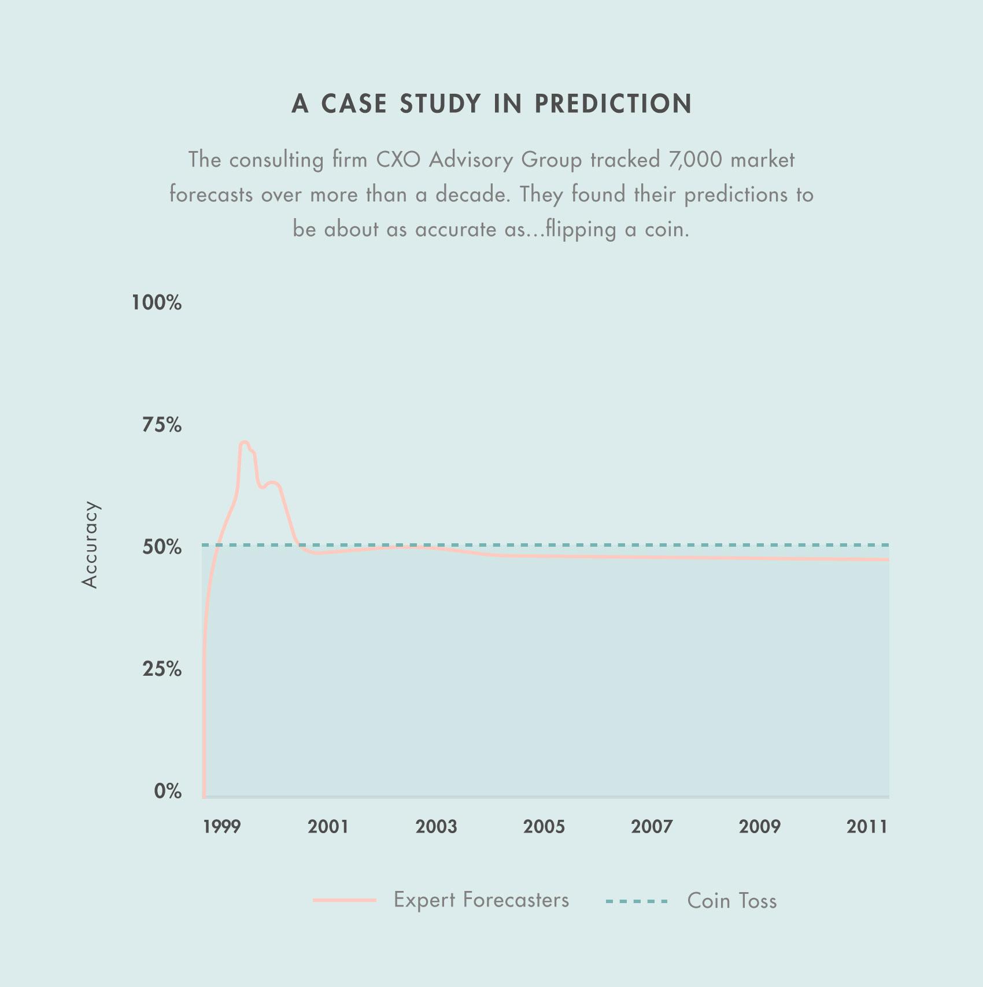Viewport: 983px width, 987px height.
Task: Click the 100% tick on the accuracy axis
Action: pos(156,302)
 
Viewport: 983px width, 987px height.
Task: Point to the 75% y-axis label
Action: pos(161,425)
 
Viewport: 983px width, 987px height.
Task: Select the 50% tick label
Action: pos(161,547)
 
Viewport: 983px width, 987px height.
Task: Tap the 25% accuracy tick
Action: pos(161,669)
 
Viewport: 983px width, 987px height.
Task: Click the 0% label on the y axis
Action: pos(168,791)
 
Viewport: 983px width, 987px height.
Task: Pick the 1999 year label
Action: pos(221,827)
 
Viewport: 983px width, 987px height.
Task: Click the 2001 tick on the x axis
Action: pos(328,827)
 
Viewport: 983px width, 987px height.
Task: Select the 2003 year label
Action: pos(436,827)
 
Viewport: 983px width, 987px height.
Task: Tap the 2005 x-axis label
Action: pos(544,827)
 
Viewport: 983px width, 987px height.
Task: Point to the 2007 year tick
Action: pos(652,827)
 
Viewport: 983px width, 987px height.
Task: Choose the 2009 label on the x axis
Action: pos(759,827)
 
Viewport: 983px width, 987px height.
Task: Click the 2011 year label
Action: pos(867,827)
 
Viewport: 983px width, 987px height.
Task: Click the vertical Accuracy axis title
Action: pos(90,544)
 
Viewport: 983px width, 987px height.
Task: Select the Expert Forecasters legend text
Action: pos(481,900)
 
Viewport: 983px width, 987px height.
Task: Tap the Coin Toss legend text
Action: pos(731,901)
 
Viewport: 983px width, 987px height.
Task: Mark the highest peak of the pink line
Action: pos(244,443)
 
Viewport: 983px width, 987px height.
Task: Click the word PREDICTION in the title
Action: pos(613,104)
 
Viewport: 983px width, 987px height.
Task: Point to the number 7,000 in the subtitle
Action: pos(695,160)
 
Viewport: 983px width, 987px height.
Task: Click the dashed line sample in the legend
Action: pos(637,901)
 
